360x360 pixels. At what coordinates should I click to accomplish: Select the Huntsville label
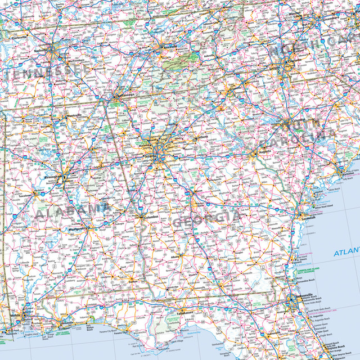tap(73, 116)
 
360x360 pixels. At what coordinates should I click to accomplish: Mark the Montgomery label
tap(78, 229)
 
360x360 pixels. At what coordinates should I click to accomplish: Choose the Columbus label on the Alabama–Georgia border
tap(151, 217)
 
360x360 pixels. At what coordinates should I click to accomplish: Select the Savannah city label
tap(307, 218)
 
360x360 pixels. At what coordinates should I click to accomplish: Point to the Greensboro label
tap(343, 19)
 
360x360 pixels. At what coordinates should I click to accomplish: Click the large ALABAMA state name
tap(73, 211)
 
